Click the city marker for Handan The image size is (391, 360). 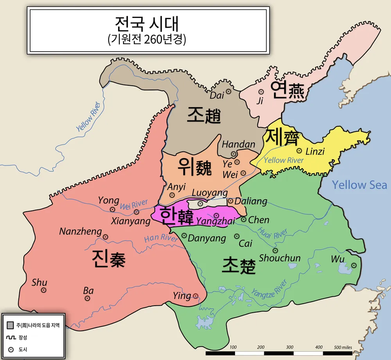click(233, 154)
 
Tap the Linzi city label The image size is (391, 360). click(315, 151)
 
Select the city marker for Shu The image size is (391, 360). click(44, 290)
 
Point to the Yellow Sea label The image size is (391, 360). click(359, 185)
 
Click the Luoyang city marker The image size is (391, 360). click(200, 203)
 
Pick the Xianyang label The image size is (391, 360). click(131, 221)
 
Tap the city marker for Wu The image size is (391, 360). click(354, 265)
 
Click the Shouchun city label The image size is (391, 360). click(280, 258)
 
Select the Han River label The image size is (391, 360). click(161, 238)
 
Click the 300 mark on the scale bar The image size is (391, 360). click(290, 347)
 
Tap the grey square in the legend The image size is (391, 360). click(11, 325)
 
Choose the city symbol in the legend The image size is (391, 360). click(11, 349)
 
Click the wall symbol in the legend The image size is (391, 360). click(11, 337)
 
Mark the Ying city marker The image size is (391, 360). click(195, 296)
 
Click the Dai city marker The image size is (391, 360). click(229, 91)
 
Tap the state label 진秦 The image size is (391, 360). click(109, 259)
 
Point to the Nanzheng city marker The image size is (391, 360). click(106, 237)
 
